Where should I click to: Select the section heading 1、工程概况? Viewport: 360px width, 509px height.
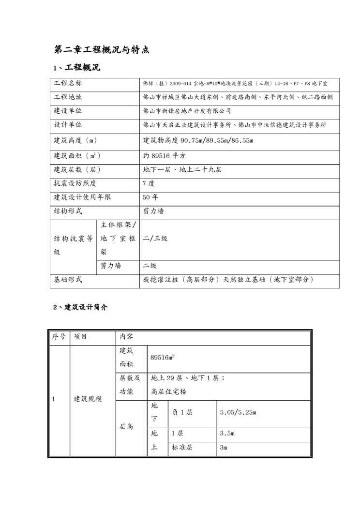pos(76,67)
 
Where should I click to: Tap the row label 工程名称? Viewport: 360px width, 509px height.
pos(68,83)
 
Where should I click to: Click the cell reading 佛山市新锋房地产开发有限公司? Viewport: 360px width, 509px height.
pos(187,111)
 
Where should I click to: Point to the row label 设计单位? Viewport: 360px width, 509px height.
pos(68,125)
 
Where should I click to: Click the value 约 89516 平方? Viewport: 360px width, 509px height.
pos(165,156)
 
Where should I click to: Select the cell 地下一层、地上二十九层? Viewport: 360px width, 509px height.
pos(183,170)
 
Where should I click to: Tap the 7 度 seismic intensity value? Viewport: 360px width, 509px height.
pos(149,184)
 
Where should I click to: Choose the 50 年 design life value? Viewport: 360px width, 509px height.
pos(150,197)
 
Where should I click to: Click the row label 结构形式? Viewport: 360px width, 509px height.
pos(68,211)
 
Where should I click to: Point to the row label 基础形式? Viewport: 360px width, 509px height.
pos(68,280)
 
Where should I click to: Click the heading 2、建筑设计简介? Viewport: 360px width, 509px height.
pos(80,307)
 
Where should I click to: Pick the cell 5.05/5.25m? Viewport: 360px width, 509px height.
pos(238,413)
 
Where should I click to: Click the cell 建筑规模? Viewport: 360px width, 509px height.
pos(88,399)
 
